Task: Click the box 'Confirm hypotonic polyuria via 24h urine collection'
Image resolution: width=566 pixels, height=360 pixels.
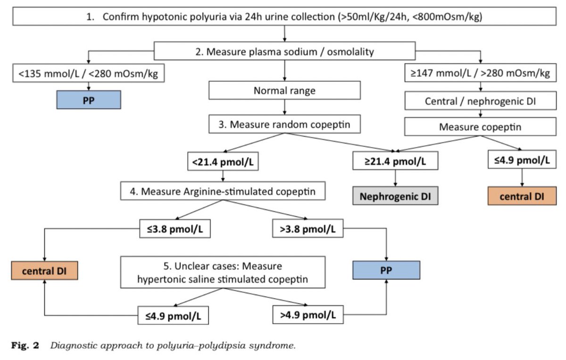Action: [x=284, y=17]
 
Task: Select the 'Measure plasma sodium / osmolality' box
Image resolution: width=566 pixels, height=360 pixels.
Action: [x=284, y=51]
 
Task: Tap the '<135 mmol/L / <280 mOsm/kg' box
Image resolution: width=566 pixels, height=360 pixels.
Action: [x=89, y=73]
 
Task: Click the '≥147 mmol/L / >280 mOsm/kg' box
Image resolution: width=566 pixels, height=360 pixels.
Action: [x=480, y=73]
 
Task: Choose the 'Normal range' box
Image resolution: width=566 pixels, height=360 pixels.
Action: [x=284, y=90]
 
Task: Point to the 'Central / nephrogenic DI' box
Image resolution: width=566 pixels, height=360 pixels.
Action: [x=480, y=100]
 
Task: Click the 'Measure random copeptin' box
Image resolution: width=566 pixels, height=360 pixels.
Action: [x=284, y=124]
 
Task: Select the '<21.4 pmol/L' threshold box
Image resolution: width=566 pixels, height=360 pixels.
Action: [x=223, y=161]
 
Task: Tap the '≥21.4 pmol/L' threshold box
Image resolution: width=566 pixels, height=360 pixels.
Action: [x=395, y=161]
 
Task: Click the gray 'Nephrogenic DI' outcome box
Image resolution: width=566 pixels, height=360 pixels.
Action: [x=395, y=196]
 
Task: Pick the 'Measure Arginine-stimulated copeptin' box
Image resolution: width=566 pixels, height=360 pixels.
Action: [x=223, y=191]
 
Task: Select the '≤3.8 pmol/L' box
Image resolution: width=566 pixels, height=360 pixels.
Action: [x=175, y=229]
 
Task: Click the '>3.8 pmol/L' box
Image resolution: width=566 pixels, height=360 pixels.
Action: [x=308, y=228]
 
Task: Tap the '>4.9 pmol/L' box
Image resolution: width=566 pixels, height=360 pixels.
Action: [x=308, y=315]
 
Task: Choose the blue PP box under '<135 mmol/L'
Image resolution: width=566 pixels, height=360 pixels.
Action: [x=89, y=100]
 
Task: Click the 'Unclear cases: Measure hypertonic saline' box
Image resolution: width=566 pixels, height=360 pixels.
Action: [x=223, y=272]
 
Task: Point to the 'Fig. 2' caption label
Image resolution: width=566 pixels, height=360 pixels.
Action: [x=25, y=345]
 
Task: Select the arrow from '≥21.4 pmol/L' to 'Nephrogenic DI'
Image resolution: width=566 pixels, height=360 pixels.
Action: [x=395, y=178]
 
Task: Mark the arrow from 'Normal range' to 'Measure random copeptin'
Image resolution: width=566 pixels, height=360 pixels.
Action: [x=284, y=107]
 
